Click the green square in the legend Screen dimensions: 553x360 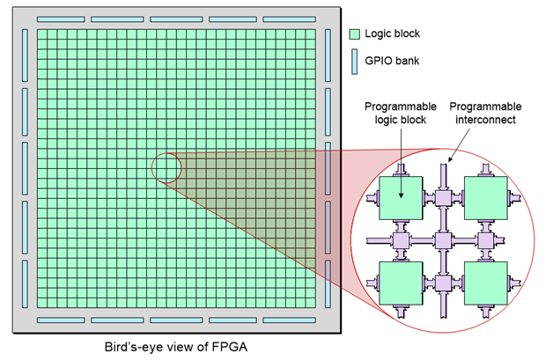click(x=355, y=34)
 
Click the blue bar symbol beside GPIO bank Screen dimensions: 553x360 click(x=355, y=62)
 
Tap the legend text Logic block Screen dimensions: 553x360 click(x=392, y=33)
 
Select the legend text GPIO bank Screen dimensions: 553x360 click(x=392, y=61)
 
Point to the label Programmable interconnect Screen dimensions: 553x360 click(x=485, y=113)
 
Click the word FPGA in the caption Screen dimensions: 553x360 click(x=229, y=347)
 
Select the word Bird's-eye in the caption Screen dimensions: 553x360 click(x=137, y=347)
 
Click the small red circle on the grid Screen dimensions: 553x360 click(x=166, y=168)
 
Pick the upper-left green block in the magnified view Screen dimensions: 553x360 click(x=401, y=198)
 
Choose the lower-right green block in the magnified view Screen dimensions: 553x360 click(x=486, y=283)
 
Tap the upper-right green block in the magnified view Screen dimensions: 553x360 click(x=486, y=198)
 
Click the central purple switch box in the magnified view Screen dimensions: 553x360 click(x=443, y=240)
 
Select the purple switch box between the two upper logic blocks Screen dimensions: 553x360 click(x=443, y=198)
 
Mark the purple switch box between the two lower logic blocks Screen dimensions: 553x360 click(x=443, y=283)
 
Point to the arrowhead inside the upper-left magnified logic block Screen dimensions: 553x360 click(x=401, y=195)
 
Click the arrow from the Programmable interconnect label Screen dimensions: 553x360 click(x=459, y=145)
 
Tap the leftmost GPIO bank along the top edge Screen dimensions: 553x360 click(x=61, y=19)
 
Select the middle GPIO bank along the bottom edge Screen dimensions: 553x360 click(x=176, y=320)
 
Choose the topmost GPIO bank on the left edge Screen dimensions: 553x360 click(x=25, y=55)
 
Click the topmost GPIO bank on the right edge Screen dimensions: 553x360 click(x=328, y=55)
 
